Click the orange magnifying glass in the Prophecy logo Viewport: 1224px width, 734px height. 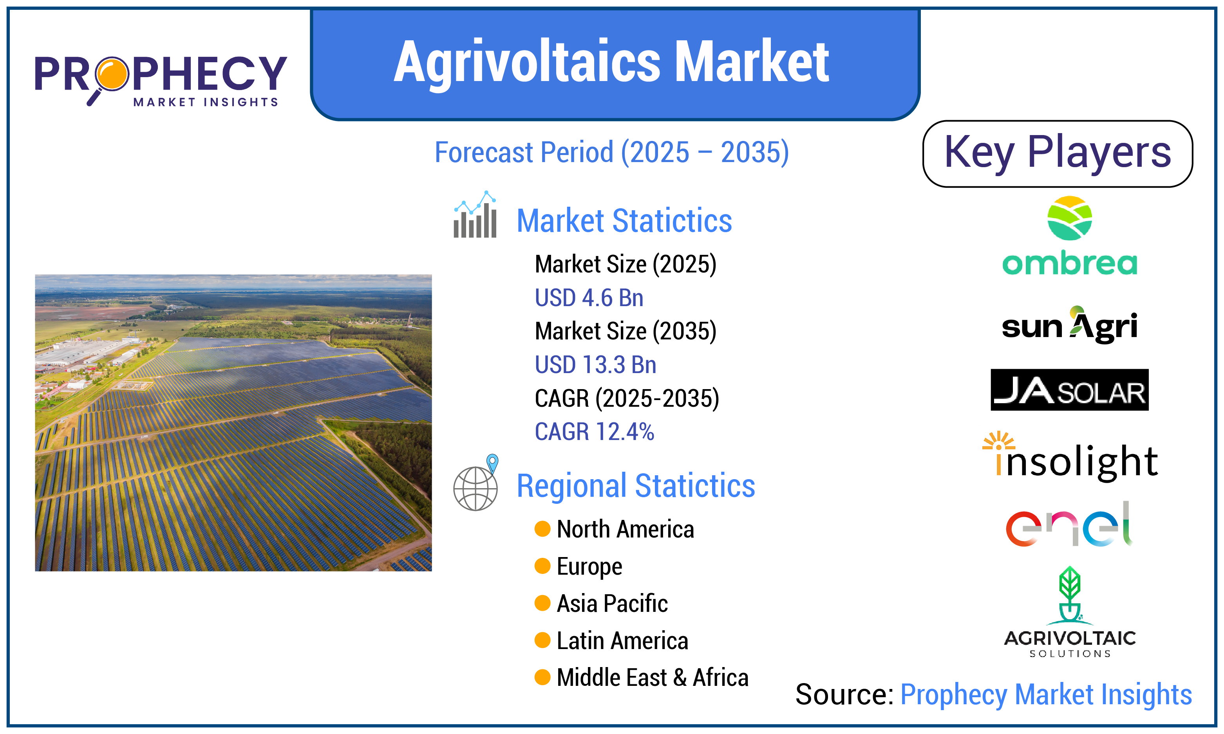tap(110, 77)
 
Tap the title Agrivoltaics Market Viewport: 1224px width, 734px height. tap(611, 62)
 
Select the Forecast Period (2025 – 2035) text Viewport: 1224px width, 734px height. tap(611, 152)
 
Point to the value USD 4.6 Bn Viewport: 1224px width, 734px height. tap(589, 298)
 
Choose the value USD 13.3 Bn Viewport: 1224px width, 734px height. tap(596, 365)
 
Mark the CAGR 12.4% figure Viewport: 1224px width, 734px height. tap(594, 432)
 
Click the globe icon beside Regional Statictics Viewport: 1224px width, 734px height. tap(476, 483)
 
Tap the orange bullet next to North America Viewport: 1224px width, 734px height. tap(543, 529)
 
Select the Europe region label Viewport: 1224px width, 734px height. tap(589, 567)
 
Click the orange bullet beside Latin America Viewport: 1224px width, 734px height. tap(543, 640)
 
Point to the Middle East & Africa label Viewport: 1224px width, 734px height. tap(653, 678)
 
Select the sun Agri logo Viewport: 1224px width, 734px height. tap(1070, 325)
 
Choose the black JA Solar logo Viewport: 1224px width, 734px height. tap(1070, 390)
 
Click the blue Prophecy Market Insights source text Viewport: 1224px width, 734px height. tap(1046, 694)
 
